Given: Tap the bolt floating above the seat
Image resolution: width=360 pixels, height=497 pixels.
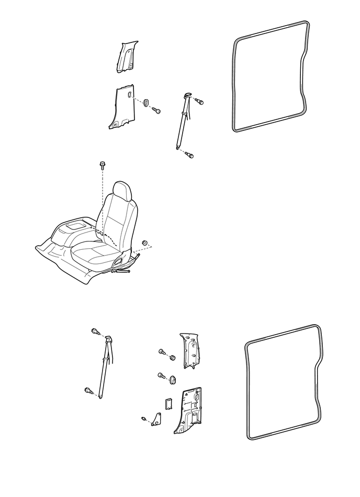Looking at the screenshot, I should (102, 167).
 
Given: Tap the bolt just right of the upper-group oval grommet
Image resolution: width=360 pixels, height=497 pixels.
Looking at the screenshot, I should (156, 110).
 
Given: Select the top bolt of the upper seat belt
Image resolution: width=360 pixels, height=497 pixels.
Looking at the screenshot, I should (199, 101).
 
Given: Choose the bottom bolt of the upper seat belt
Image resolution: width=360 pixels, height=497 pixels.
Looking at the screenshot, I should (190, 155).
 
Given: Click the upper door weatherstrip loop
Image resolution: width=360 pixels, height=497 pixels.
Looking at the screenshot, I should (233, 79).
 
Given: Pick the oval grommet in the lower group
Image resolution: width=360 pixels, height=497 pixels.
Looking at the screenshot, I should (172, 379).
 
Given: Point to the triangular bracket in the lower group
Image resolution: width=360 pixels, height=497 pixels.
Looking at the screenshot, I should (156, 419).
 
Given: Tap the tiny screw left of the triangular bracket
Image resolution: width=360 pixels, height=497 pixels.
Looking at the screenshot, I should (143, 418).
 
